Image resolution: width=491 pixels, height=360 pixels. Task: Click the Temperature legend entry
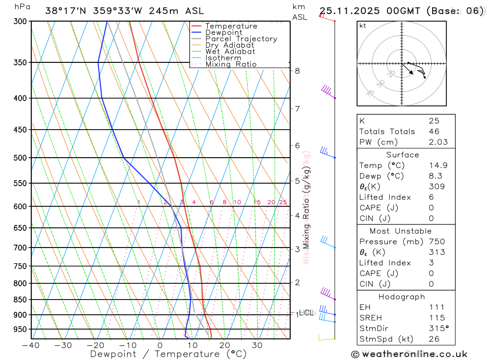(231, 26)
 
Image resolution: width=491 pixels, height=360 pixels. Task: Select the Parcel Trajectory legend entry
(241, 39)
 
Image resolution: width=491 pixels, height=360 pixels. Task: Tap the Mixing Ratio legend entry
(231, 64)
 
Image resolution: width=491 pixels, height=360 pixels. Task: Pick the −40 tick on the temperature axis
(30, 345)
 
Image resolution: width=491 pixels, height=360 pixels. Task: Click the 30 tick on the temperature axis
(257, 345)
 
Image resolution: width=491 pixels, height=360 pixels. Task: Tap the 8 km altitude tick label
(297, 71)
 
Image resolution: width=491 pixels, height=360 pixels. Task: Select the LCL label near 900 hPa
(306, 312)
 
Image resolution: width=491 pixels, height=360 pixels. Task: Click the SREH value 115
(434, 318)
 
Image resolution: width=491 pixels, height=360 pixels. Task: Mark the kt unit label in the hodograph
(363, 26)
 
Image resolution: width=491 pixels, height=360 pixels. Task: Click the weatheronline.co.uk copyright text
(409, 354)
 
